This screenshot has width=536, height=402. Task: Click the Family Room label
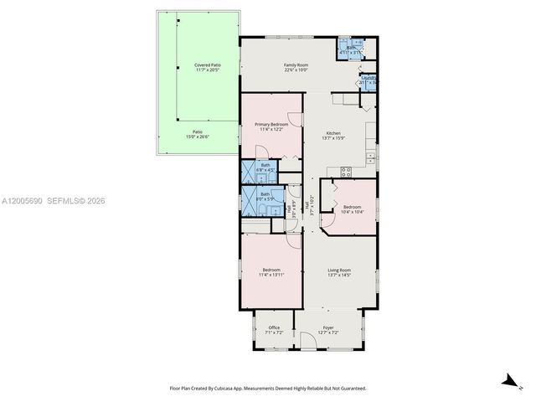point(296,64)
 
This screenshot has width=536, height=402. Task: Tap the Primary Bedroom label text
point(271,124)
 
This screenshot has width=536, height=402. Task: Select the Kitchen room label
point(333,133)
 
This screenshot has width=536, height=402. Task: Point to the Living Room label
point(339,270)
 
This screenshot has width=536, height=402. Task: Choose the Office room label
point(274,327)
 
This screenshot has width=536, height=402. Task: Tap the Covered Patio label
point(208,64)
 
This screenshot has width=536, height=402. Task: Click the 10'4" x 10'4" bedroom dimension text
point(352,212)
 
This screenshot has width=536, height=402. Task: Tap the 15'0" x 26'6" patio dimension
point(198,137)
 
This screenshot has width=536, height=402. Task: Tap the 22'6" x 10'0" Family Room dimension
point(296,70)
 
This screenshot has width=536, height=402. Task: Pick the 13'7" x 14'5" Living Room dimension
point(339,276)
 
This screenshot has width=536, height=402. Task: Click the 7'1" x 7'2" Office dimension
point(274,332)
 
